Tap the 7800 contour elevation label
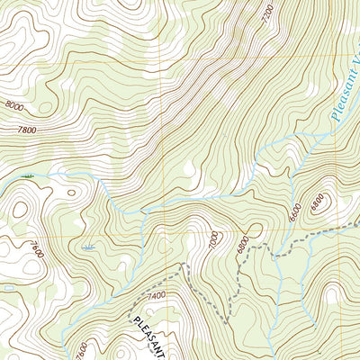[28, 130]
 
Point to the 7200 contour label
[265, 13]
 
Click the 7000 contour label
[212, 241]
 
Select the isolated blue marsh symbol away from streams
[88, 247]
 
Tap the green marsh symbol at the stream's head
[28, 177]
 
